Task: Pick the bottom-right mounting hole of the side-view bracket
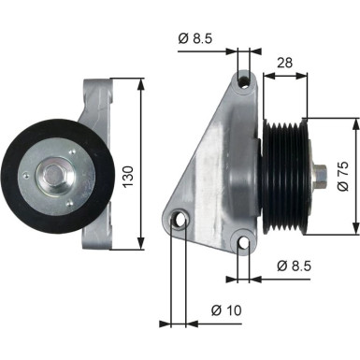tap(244, 245)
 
